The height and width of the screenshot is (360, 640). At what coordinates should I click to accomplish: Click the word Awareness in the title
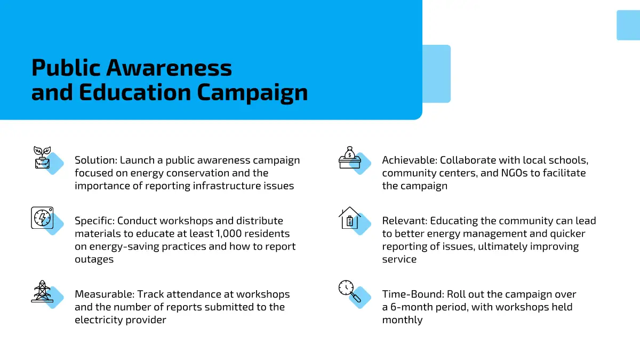tap(169, 68)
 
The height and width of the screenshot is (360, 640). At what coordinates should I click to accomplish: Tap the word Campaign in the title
tap(252, 93)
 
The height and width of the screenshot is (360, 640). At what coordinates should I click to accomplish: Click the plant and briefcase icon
tap(42, 157)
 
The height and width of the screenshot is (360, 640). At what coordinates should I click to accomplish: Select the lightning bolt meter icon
tap(42, 218)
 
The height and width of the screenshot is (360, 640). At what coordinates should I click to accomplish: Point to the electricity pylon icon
tap(42, 291)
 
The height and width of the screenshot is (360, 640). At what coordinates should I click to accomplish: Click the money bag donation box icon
tap(350, 157)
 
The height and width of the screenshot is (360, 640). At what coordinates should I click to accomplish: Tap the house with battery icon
tap(350, 218)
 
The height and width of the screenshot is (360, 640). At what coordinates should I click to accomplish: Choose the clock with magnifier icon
tap(350, 291)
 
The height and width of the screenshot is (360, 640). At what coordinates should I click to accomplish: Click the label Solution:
tap(96, 160)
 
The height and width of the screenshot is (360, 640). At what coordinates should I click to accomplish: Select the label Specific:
tap(94, 221)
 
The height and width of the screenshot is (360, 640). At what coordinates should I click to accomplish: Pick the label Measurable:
tap(105, 294)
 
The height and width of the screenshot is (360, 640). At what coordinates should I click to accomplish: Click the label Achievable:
tap(410, 160)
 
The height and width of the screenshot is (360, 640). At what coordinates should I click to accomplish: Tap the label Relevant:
tap(405, 221)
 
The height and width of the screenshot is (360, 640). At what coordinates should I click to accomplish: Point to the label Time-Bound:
tap(413, 294)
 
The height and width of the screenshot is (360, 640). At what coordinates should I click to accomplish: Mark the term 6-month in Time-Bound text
tap(412, 307)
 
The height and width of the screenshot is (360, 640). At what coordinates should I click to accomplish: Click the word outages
tap(94, 259)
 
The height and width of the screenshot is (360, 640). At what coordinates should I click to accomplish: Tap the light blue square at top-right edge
tap(628, 25)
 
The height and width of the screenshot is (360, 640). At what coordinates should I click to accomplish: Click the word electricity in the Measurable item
tap(99, 319)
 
